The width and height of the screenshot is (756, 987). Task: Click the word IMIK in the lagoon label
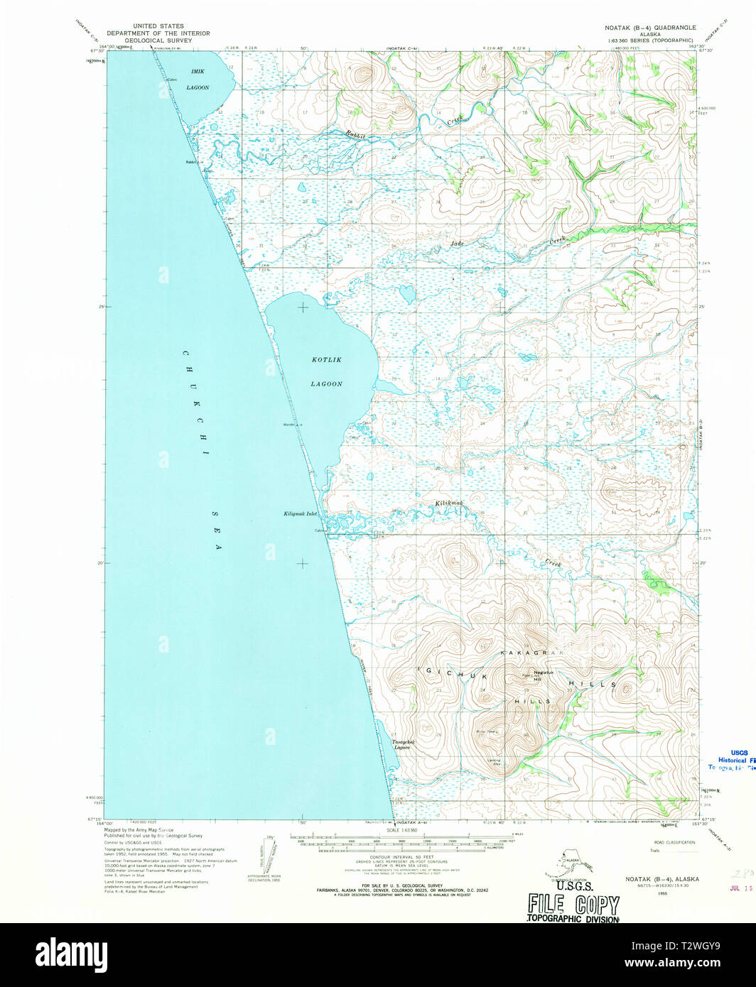[x=198, y=72]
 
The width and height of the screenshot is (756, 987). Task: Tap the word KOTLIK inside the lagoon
[x=326, y=360]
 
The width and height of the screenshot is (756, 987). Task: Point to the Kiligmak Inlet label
[x=300, y=513]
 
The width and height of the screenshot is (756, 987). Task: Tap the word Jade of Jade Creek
[x=457, y=244]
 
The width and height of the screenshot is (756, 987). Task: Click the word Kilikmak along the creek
[x=449, y=503]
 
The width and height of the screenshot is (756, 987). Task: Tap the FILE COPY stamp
[x=573, y=905]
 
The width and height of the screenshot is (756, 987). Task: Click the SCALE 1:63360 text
[x=402, y=830]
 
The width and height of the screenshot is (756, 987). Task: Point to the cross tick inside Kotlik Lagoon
[x=303, y=307]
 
